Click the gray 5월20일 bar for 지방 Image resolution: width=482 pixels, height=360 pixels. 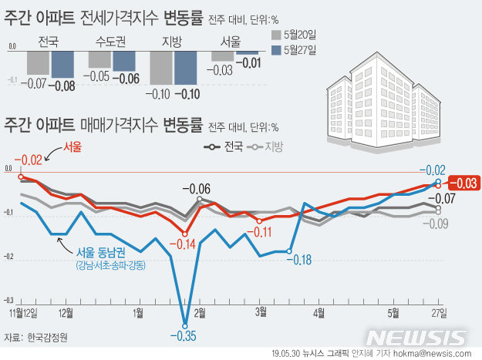[x=159, y=67]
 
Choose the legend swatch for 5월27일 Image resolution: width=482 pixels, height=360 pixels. [x=277, y=51]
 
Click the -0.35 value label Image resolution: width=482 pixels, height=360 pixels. [x=184, y=335]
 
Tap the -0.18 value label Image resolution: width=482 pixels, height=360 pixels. [x=298, y=259]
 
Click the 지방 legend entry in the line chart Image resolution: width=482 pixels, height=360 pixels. [x=267, y=146]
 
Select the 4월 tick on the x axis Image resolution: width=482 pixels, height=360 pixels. [x=319, y=312]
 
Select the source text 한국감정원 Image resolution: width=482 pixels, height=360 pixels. [x=47, y=337]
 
